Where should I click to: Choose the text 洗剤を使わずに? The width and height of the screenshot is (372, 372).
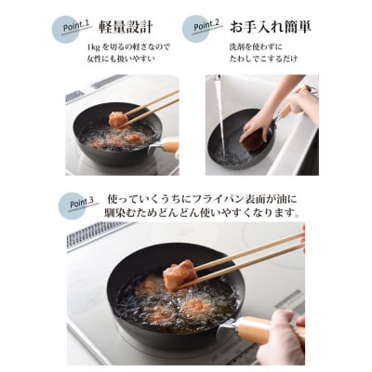click(256, 46)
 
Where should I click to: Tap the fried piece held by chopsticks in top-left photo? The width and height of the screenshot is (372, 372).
click(118, 119)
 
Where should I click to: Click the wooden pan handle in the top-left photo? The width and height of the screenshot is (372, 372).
click(169, 145)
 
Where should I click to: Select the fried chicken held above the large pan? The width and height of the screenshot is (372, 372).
click(180, 274)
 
